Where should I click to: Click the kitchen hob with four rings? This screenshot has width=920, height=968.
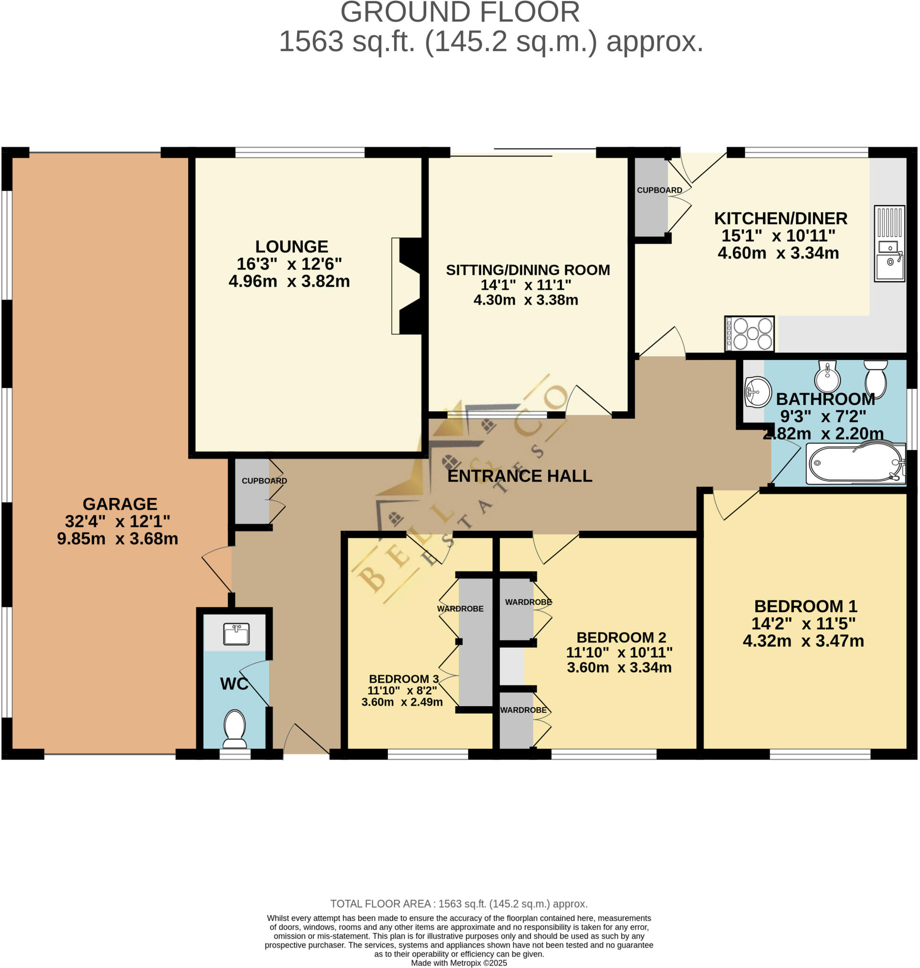(x=749, y=334)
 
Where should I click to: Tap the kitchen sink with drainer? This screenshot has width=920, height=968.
(x=889, y=243)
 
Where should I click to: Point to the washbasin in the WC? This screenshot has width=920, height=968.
(x=236, y=633)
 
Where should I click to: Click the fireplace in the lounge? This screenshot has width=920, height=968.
(x=406, y=285)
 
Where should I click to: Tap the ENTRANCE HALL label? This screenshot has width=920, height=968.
(x=519, y=475)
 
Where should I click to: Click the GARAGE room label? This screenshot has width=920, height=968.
(x=120, y=503)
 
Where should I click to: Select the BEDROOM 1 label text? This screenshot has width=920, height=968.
(x=805, y=606)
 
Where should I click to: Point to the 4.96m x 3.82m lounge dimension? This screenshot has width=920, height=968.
(x=289, y=281)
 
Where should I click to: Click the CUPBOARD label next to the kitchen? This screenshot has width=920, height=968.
(x=659, y=190)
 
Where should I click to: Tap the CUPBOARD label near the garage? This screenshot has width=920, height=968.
(x=264, y=480)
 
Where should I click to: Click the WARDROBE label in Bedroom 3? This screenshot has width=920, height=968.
(x=460, y=608)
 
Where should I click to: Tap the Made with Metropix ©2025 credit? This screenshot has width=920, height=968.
(x=458, y=963)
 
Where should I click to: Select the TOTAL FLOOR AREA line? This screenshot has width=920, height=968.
(x=458, y=903)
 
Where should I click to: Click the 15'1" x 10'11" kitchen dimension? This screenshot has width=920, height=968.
(x=778, y=235)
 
